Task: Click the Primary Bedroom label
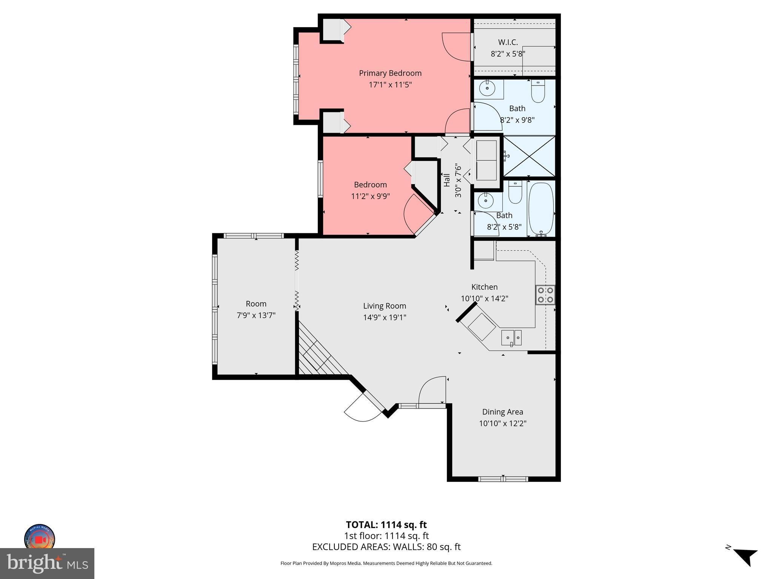[390, 73]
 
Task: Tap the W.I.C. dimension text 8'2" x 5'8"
[508, 54]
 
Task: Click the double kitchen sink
[511, 337]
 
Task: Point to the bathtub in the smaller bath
[540, 209]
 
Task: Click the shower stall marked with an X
[530, 156]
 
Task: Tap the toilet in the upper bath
[538, 91]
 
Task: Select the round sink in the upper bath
[488, 89]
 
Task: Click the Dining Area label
[502, 412]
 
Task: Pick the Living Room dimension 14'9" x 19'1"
[385, 317]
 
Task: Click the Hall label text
[447, 180]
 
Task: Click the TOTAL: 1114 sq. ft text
[386, 525]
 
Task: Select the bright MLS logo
[47, 564]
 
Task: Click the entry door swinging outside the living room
[362, 409]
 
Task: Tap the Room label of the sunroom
[256, 304]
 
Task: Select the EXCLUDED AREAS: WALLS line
[386, 547]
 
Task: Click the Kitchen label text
[484, 287]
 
